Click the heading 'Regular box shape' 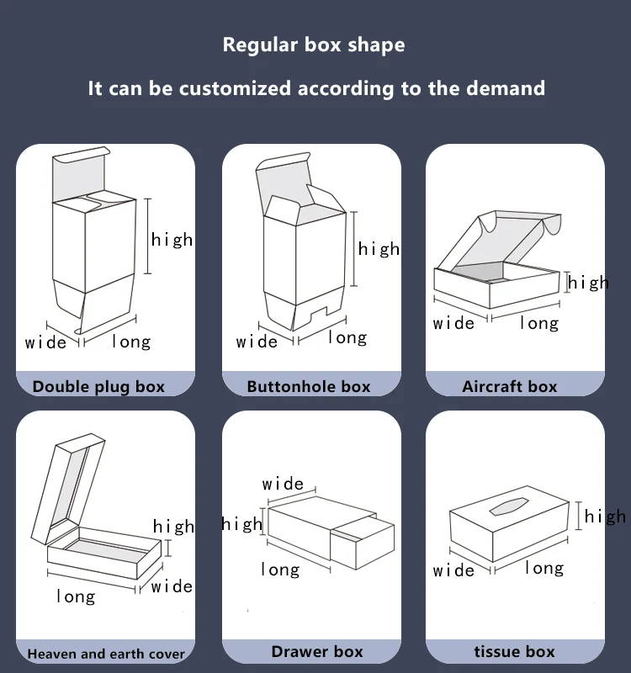(314, 45)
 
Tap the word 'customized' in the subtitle (236, 88)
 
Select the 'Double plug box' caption (98, 387)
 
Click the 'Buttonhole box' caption (309, 386)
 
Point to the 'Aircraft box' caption (510, 386)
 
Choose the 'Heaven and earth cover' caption (106, 654)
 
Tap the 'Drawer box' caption (317, 651)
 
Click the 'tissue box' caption (514, 651)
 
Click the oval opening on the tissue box (509, 506)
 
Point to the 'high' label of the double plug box (172, 239)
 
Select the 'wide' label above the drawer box (283, 484)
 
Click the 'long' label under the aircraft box (539, 323)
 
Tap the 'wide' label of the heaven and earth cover (172, 586)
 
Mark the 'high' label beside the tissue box (605, 516)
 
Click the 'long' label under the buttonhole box (347, 338)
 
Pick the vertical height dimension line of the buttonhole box (353, 248)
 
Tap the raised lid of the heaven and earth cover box (68, 489)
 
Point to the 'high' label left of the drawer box (241, 524)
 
